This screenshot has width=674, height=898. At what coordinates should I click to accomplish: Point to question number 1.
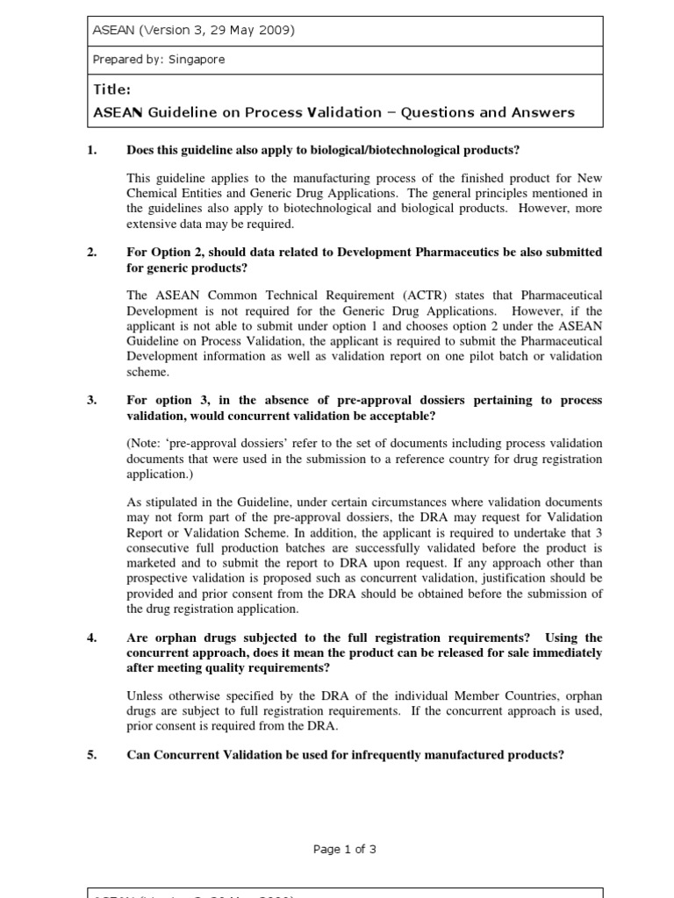pyautogui.click(x=91, y=150)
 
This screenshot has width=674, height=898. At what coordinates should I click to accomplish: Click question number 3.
pyautogui.click(x=91, y=400)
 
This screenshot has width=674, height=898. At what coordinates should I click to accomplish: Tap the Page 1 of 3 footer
pyautogui.click(x=345, y=849)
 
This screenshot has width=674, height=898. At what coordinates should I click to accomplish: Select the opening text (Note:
pyautogui.click(x=147, y=445)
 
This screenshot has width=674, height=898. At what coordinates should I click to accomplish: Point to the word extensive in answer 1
pyautogui.click(x=152, y=223)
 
